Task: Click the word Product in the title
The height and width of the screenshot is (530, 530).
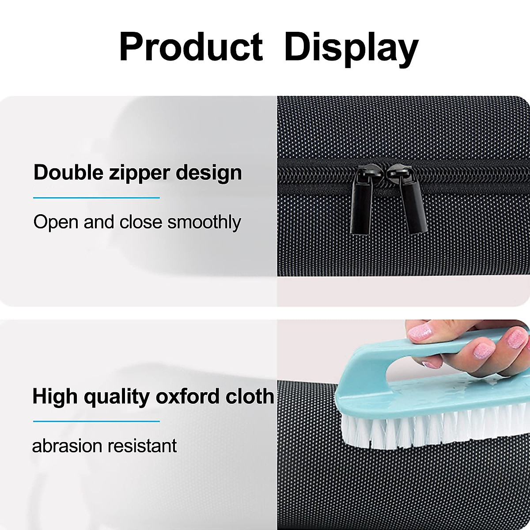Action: (x=191, y=47)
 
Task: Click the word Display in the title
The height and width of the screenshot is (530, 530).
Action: (x=352, y=49)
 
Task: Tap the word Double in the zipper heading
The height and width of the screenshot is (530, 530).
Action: (x=68, y=172)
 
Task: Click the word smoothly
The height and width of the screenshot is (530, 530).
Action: (x=204, y=223)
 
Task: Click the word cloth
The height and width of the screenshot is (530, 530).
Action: (x=250, y=397)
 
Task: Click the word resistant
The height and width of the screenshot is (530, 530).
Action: (x=142, y=446)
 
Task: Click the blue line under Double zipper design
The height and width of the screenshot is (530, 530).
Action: (x=96, y=197)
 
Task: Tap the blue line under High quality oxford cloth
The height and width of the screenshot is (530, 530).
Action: (x=96, y=421)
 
